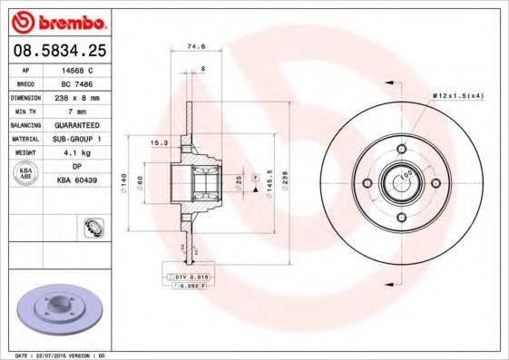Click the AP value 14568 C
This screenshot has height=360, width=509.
click(x=83, y=69)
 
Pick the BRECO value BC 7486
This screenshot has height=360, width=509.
click(x=83, y=82)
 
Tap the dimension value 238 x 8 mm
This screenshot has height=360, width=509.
click(x=83, y=95)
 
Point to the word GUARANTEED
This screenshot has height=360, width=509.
click(x=83, y=125)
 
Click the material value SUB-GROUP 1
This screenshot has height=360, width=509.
click(x=83, y=139)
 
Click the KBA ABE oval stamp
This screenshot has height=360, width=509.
click(x=24, y=174)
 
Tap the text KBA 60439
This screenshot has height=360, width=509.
click(x=83, y=180)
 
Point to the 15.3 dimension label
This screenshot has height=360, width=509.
click(x=158, y=143)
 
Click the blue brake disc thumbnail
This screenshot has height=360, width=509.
click(x=54, y=309)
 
